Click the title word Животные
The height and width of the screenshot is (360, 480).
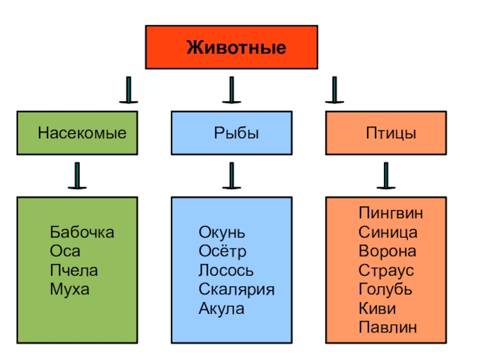pyautogui.click(x=236, y=47)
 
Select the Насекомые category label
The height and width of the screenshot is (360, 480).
pyautogui.click(x=82, y=133)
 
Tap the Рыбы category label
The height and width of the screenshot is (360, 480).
pyautogui.click(x=236, y=133)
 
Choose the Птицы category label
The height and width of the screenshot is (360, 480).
pyautogui.click(x=391, y=133)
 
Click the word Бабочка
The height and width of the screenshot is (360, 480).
pyautogui.click(x=82, y=232)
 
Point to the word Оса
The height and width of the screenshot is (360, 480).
pyautogui.click(x=65, y=251)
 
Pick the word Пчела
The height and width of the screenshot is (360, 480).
pyautogui.click(x=74, y=271)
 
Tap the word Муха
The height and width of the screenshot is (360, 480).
pyautogui.click(x=70, y=290)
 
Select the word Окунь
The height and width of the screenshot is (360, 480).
pyautogui.click(x=221, y=233)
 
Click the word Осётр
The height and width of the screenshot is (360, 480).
pyautogui.click(x=222, y=252)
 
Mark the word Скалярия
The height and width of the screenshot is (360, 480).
pyautogui.click(x=236, y=290)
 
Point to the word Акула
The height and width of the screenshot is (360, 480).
pyautogui.click(x=221, y=309)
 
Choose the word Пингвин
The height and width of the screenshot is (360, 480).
pyautogui.click(x=391, y=213)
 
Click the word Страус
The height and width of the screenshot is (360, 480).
pyautogui.click(x=386, y=271)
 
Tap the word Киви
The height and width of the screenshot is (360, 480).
pyautogui.click(x=377, y=309)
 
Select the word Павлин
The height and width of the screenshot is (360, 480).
pyautogui.click(x=388, y=328)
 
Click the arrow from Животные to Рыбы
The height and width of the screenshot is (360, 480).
pyautogui.click(x=231, y=90)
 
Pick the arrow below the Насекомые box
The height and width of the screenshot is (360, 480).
pyautogui.click(x=77, y=175)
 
